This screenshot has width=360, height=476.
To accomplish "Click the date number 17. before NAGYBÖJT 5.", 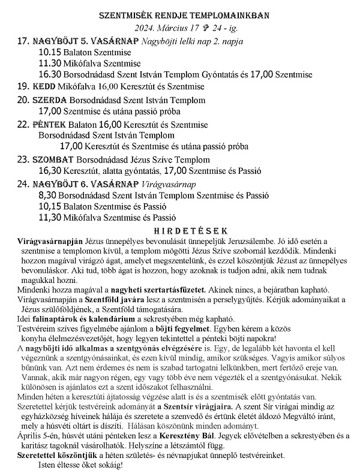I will (23, 41).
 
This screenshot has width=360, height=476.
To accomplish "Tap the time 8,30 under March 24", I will (48, 196).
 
